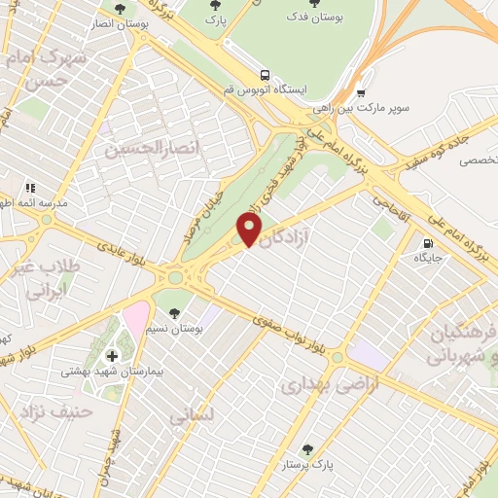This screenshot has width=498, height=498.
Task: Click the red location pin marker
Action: [250, 230]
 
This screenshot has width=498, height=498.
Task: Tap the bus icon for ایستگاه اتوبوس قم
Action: [265, 74]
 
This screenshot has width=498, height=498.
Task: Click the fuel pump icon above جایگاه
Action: [427, 243]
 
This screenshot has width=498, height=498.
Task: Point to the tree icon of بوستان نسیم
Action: [174, 313]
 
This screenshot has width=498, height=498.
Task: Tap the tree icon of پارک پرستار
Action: [307, 449]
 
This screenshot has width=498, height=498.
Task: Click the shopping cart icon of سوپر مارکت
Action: [361, 93]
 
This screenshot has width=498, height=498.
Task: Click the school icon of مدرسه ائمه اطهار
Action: [30, 188]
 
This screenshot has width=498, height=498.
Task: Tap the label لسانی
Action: [191, 416]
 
